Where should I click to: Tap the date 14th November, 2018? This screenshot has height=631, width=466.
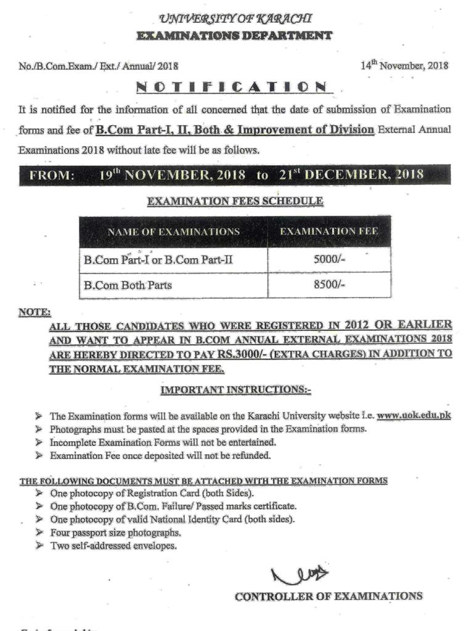coord(404,65)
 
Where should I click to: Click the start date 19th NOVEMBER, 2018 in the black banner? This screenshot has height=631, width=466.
coord(173,174)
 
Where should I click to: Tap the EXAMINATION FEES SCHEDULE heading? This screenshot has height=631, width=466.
coord(234,201)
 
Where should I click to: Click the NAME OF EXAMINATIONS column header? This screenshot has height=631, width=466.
coord(173,232)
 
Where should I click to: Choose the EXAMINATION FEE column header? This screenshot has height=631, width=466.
coord(329,232)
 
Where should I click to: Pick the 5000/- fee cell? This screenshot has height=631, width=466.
coord(329,260)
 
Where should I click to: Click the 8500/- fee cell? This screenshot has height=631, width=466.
coord(329,285)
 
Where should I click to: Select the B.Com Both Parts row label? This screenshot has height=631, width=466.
coord(128,285)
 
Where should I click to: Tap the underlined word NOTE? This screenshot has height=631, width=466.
coord(35,312)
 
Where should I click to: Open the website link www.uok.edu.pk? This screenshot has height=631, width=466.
coord(414,415)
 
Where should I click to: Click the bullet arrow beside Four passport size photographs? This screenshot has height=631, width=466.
coord(39,532)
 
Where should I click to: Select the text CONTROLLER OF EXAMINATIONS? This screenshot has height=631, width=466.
coord(329,596)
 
